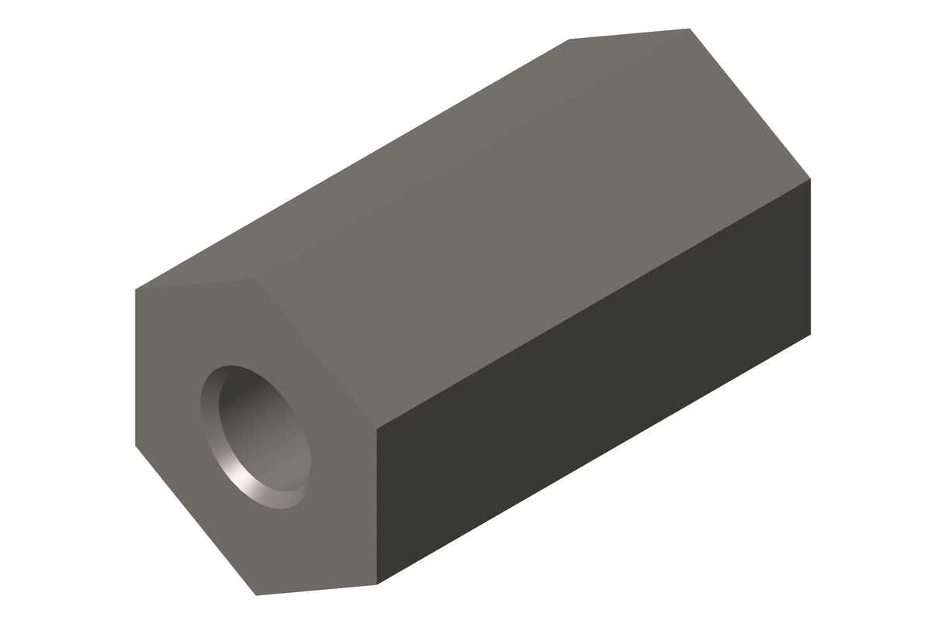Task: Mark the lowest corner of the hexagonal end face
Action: click(257, 595)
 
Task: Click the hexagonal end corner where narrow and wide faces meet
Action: click(256, 278)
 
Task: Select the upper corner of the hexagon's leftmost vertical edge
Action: click(136, 290)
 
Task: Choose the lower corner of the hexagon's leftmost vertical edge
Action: click(136, 446)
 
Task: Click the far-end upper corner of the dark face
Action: click(810, 179)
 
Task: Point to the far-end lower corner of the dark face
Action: click(810, 334)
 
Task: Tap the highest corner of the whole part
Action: click(689, 29)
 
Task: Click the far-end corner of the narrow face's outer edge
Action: click(570, 40)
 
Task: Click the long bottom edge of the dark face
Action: click(593, 459)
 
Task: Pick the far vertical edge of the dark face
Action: click(810, 257)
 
